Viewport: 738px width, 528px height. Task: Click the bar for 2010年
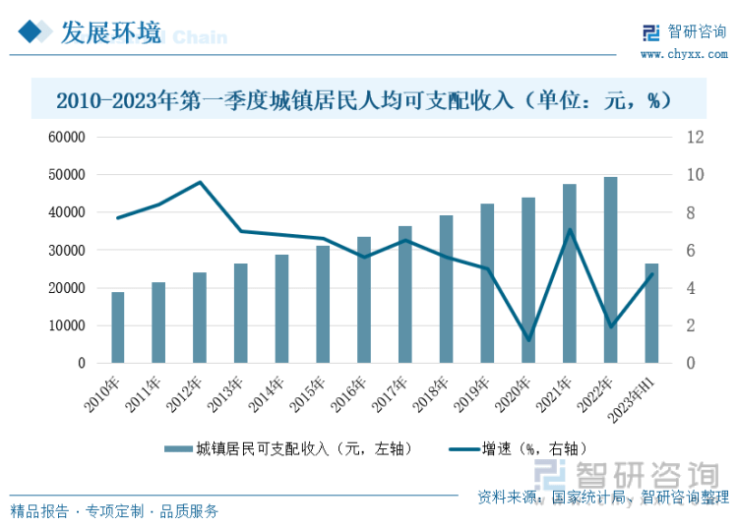coord(118,327)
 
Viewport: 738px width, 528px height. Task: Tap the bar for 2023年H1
coord(651,313)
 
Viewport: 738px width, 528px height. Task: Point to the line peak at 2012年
coord(200,182)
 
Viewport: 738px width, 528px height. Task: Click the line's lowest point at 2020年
coord(528,340)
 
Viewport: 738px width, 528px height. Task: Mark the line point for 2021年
coord(570,230)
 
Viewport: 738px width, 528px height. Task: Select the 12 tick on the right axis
coord(694,138)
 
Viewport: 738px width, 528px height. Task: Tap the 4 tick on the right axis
coord(690,288)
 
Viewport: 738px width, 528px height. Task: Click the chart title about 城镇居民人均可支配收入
coord(363,100)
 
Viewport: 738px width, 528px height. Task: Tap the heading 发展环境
coord(110,33)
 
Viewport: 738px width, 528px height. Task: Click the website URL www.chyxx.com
coord(684,53)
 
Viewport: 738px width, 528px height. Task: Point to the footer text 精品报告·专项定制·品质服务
coord(114,511)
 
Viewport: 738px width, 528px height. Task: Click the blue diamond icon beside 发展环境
coord(32,33)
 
